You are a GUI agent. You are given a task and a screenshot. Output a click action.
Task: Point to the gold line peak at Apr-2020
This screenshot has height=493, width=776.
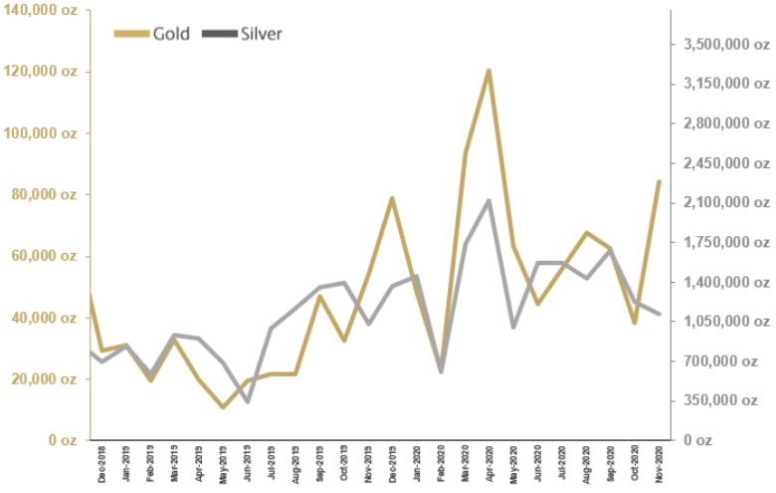[488, 70]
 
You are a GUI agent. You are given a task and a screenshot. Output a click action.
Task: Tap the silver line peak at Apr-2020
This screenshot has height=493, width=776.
[488, 200]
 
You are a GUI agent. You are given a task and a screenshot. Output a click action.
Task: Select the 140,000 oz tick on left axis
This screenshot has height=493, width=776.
[45, 10]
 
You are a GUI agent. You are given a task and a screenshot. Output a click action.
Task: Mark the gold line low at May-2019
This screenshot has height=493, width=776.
[223, 407]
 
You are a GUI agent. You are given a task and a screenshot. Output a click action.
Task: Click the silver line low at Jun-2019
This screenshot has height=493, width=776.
[247, 401]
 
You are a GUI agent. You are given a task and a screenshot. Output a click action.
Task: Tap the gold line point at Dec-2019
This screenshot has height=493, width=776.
[392, 198]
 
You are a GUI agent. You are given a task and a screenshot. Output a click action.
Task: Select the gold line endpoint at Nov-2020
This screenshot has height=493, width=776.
[658, 181]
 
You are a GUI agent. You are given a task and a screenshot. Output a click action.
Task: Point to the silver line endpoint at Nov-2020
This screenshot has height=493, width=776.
[658, 314]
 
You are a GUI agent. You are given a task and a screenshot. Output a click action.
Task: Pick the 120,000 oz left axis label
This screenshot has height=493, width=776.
[45, 72]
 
